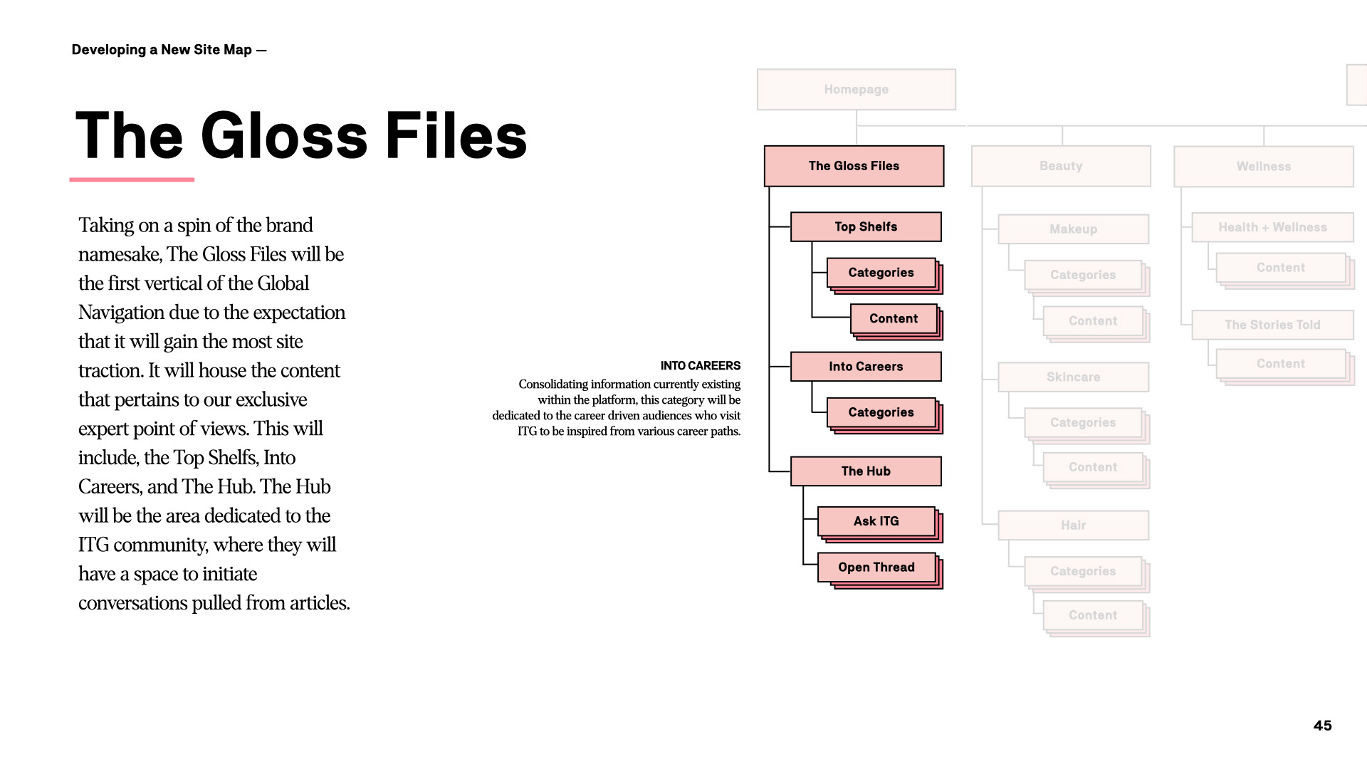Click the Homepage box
coord(856,90)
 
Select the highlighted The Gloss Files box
coord(854,166)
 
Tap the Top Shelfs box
coord(866,226)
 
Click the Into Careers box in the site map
coord(866,367)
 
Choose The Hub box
coord(866,471)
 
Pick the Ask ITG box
coord(876,521)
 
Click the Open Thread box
coord(876,567)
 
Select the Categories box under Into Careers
coord(881,412)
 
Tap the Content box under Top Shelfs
coord(894,319)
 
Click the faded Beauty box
coord(1061,166)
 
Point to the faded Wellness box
coord(1263,167)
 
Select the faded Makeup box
coord(1073,229)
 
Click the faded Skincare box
coord(1073,377)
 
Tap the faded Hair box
coord(1073,525)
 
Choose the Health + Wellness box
coord(1272,227)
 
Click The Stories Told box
coord(1272,325)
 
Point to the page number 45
coord(1322,726)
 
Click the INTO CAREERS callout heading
coord(700,366)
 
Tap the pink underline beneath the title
coord(132,179)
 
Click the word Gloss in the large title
coord(284,136)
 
